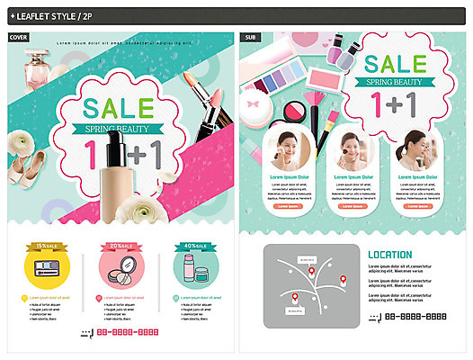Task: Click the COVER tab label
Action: (17, 37)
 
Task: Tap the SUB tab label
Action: (249, 37)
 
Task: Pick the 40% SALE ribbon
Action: (193, 245)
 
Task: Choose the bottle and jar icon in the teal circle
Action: (192, 268)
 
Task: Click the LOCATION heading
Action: (390, 255)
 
